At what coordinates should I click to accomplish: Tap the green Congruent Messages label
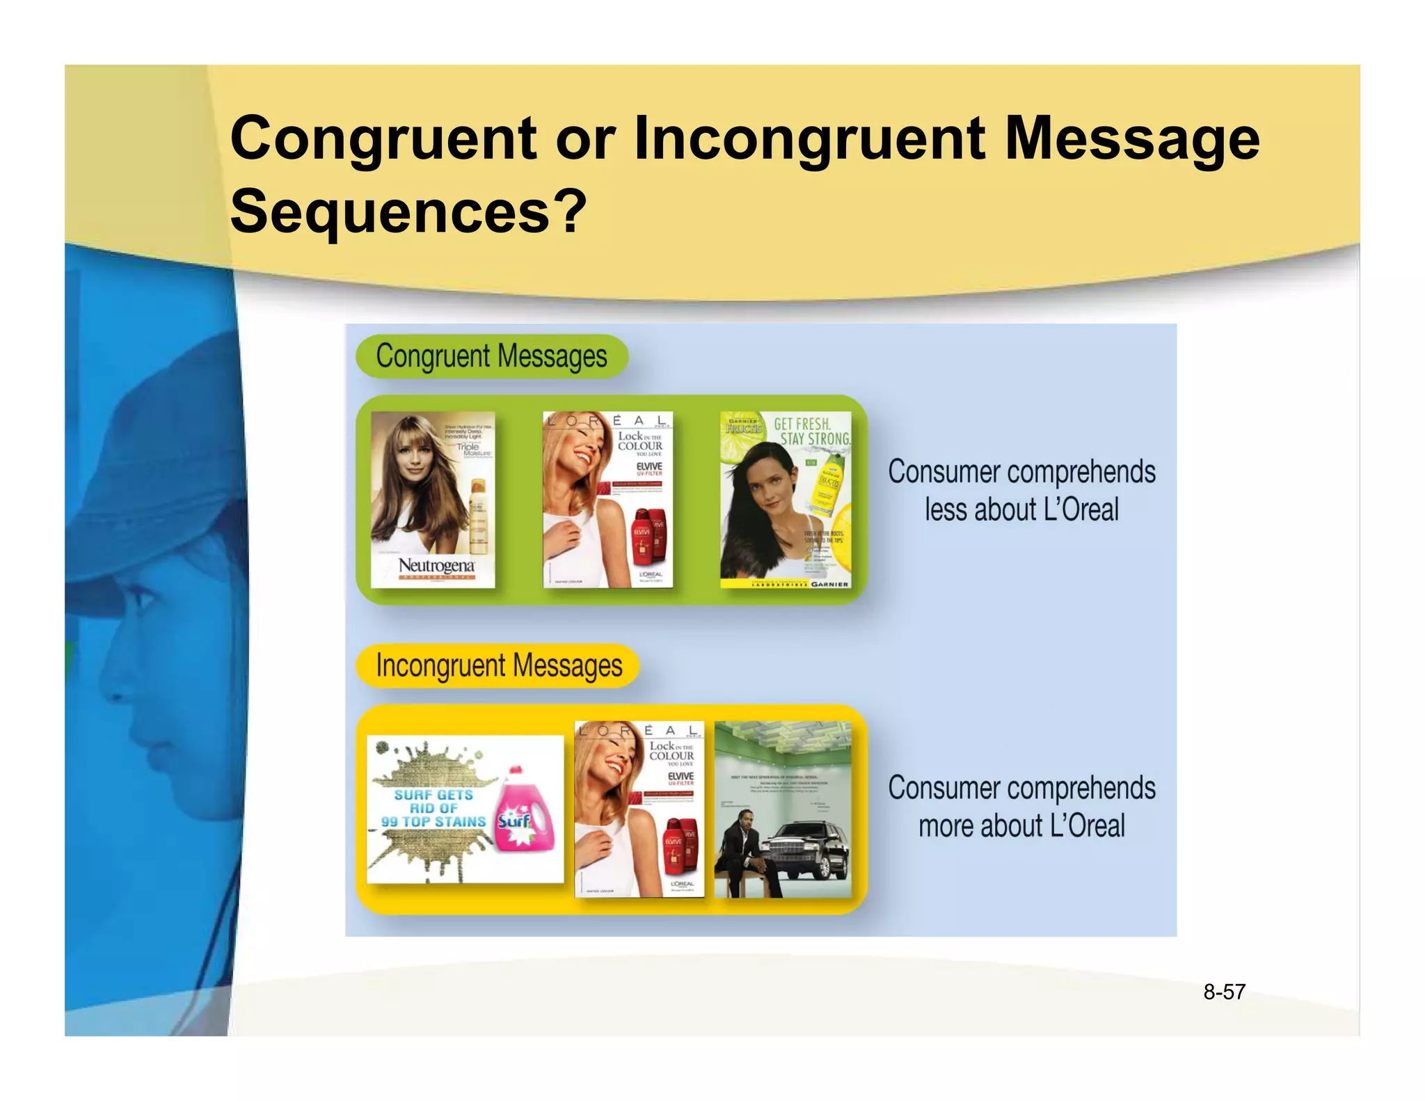[x=491, y=356]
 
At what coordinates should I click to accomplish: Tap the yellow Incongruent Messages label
[x=498, y=666]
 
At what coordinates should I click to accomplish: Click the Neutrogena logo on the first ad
[x=436, y=567]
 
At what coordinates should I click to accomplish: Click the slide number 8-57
[x=1224, y=992]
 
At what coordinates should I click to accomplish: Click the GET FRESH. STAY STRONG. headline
[x=811, y=431]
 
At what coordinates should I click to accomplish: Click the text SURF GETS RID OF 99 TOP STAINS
[x=433, y=808]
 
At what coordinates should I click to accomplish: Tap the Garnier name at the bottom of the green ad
[x=829, y=585]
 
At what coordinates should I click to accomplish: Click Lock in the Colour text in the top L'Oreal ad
[x=640, y=441]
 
